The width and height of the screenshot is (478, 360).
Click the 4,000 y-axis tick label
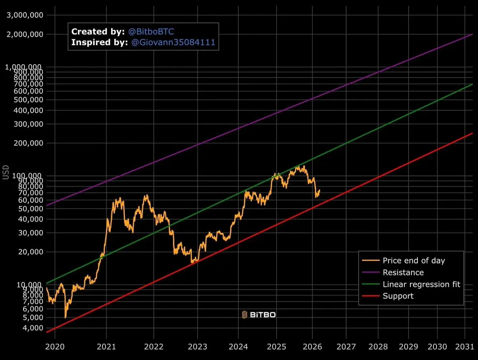point(31,328)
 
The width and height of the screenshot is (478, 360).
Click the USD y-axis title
point(6,173)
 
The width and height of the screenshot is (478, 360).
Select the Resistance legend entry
point(403,273)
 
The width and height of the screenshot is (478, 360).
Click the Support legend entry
point(398,296)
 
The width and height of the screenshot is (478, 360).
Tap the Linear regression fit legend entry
point(421,284)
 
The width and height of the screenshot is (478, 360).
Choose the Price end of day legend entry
point(413,261)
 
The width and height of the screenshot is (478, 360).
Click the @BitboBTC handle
point(151,31)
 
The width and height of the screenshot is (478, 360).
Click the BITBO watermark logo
point(259,315)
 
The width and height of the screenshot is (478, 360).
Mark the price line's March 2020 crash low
point(65,317)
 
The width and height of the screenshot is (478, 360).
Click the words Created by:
point(97,31)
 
